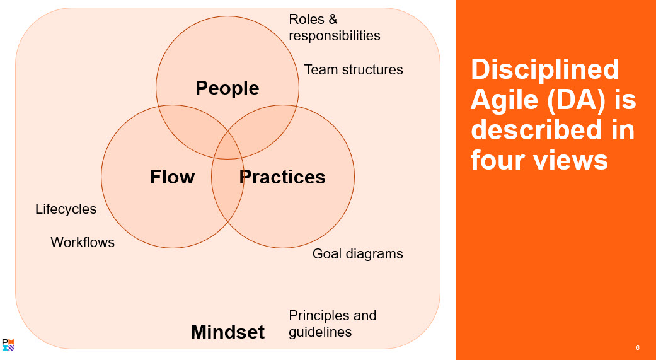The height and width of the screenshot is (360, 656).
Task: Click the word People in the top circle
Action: click(x=227, y=88)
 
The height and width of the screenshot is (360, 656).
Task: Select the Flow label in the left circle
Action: click(x=172, y=177)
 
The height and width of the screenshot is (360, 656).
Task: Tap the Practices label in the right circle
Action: click(x=282, y=177)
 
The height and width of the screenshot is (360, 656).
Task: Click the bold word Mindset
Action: click(x=227, y=332)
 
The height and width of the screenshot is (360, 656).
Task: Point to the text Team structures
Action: click(x=354, y=69)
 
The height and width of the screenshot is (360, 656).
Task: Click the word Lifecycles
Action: click(x=66, y=209)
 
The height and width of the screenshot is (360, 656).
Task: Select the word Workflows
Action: click(x=83, y=242)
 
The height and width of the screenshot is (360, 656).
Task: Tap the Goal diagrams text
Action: click(x=358, y=254)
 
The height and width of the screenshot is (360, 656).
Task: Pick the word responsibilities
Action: click(x=335, y=36)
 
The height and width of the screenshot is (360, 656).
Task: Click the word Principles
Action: click(x=319, y=315)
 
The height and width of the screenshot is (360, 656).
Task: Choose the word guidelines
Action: click(x=320, y=332)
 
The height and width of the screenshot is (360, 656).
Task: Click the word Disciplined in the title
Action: click(x=545, y=69)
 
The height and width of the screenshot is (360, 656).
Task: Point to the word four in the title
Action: click(x=498, y=160)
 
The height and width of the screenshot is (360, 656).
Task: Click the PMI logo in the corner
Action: click(x=8, y=344)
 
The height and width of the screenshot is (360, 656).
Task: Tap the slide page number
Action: click(x=638, y=348)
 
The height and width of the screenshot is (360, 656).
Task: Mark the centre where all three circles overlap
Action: click(x=227, y=140)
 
